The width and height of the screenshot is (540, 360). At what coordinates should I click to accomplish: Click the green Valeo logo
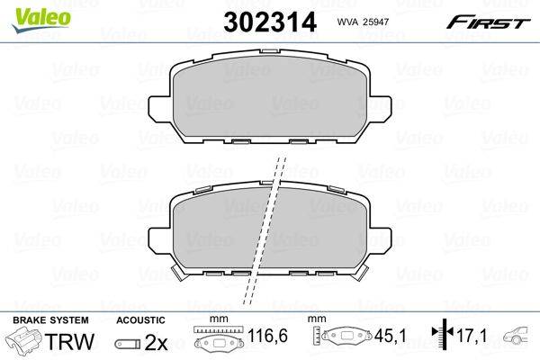40,19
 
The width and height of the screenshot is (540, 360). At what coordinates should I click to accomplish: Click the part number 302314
270,22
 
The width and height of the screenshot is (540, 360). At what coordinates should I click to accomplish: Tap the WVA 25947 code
363,22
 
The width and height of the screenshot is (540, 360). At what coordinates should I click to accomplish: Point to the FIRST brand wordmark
488,23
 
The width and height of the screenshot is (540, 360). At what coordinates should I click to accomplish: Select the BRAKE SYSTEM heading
50,320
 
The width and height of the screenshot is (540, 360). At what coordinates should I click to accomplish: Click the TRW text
69,341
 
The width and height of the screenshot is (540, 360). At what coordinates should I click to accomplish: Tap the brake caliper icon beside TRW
24,340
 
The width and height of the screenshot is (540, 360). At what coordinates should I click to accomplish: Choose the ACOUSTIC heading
141,320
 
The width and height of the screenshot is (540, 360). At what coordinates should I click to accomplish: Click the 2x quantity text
156,342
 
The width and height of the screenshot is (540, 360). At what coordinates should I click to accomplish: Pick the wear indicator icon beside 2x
128,344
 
